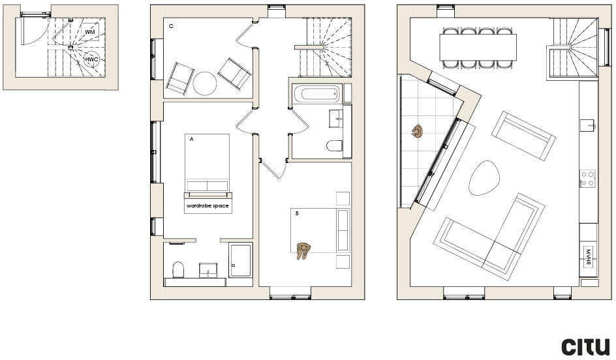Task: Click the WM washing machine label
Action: point(90,32)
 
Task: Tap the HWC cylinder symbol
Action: point(91,60)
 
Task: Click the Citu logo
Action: point(586,346)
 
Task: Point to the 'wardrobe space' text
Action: point(208,205)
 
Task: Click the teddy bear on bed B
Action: point(304,250)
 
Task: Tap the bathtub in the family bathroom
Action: point(317,95)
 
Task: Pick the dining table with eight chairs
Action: point(478,47)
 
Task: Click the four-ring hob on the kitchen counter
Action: point(588,178)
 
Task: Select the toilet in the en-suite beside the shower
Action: point(177,270)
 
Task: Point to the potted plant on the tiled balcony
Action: point(416,132)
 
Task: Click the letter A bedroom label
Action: point(192,139)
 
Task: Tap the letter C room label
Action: point(171,27)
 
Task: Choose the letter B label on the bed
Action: point(296,213)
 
